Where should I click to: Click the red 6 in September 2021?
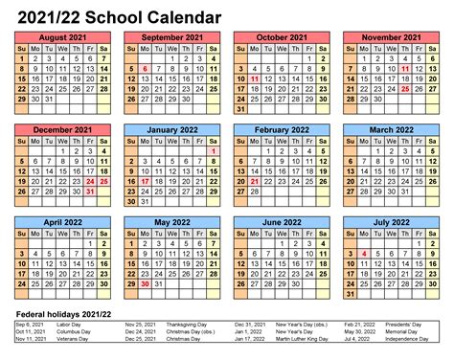pyautogui.click(x=143, y=69)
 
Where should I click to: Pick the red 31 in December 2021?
pyautogui.click(x=90, y=191)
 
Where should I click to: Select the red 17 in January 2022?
pyautogui.click(x=143, y=181)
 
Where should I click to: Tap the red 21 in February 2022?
pyautogui.click(x=254, y=181)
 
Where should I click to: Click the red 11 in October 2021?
pyautogui.click(x=254, y=79)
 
